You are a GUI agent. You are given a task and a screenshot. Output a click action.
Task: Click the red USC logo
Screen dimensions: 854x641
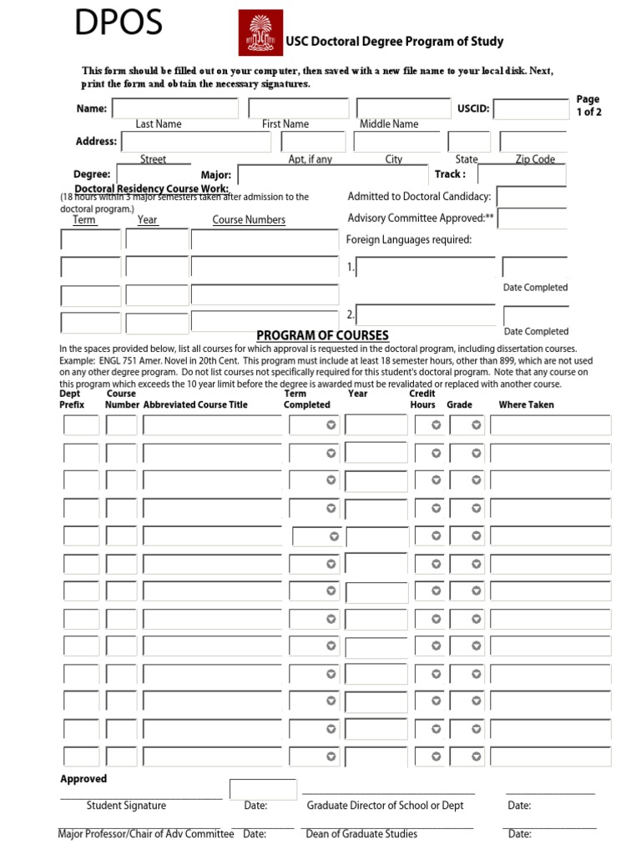[260, 33]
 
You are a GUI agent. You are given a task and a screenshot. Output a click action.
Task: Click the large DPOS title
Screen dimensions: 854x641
[119, 24]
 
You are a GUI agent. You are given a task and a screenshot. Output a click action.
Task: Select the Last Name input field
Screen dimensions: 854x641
[175, 108]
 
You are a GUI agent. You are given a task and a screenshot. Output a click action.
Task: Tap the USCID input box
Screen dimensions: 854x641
[532, 109]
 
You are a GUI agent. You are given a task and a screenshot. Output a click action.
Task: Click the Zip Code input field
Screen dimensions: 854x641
[534, 142]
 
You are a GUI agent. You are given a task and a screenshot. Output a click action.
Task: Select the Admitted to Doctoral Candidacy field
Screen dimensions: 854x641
[532, 197]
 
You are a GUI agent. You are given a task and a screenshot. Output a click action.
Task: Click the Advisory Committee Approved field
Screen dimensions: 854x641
[533, 219]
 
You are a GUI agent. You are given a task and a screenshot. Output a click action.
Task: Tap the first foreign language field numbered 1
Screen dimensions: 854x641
[426, 268]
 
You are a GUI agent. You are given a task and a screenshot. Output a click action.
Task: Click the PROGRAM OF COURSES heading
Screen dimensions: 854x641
[322, 335]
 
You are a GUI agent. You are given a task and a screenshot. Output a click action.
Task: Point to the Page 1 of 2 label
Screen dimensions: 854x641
[588, 106]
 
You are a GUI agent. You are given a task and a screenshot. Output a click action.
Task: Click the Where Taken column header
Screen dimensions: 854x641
[526, 404]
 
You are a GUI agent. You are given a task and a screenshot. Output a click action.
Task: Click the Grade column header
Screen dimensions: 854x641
[459, 404]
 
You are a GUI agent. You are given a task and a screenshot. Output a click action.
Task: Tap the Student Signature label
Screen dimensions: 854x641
[126, 806]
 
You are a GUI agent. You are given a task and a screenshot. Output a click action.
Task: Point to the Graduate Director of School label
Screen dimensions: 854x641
[385, 806]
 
